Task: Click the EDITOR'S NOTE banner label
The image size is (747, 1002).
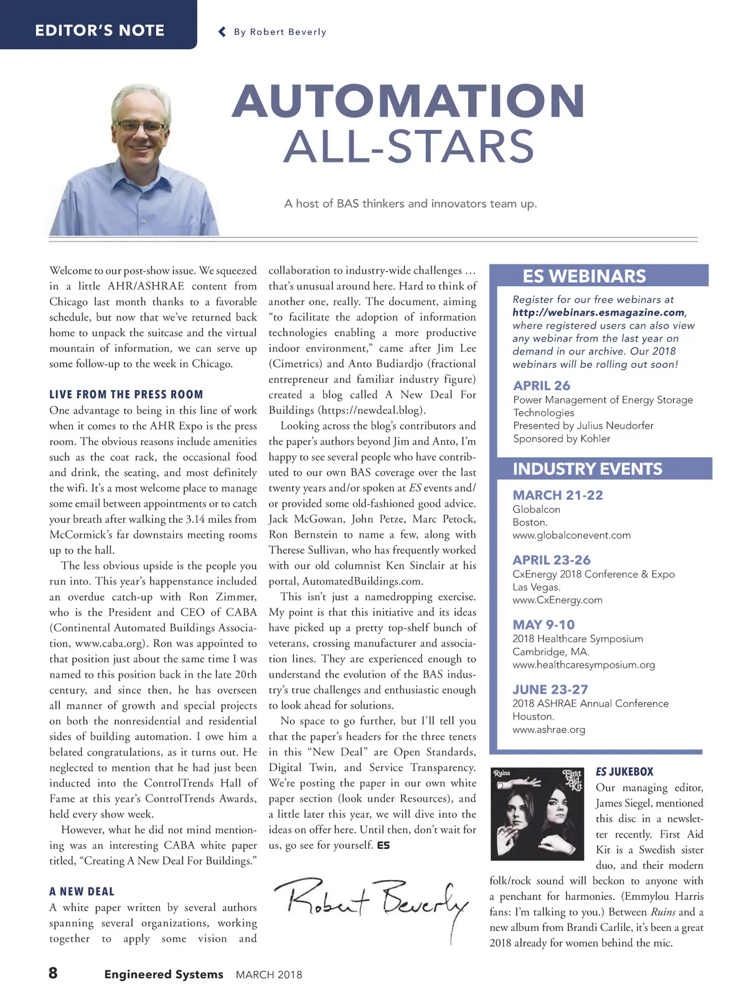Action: [x=100, y=30]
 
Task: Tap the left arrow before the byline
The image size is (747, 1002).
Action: [x=222, y=32]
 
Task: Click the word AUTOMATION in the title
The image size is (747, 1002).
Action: [x=408, y=101]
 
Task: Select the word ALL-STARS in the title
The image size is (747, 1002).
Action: [x=409, y=147]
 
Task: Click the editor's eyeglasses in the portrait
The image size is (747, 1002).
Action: [x=141, y=126]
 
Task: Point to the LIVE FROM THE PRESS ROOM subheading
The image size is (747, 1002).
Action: [x=126, y=395]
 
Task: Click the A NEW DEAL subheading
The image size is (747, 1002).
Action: [x=82, y=892]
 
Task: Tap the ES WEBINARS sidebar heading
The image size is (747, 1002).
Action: [x=584, y=276]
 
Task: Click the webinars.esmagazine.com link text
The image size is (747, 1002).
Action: [x=599, y=312]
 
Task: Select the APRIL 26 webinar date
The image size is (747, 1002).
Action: [x=542, y=386]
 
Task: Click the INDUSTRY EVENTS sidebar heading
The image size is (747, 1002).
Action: [x=587, y=469]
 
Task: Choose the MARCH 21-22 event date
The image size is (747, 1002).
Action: [x=558, y=495]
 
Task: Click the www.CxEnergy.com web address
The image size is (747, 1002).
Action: [x=557, y=600]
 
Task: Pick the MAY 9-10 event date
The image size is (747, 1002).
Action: [x=543, y=625]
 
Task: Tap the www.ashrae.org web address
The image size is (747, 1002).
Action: [x=548, y=729]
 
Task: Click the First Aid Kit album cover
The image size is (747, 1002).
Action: [x=537, y=814]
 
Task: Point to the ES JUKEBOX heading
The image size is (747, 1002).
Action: [x=624, y=772]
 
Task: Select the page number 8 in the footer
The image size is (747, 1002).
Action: [x=54, y=973]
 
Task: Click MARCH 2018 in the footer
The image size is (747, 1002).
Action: [x=269, y=975]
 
